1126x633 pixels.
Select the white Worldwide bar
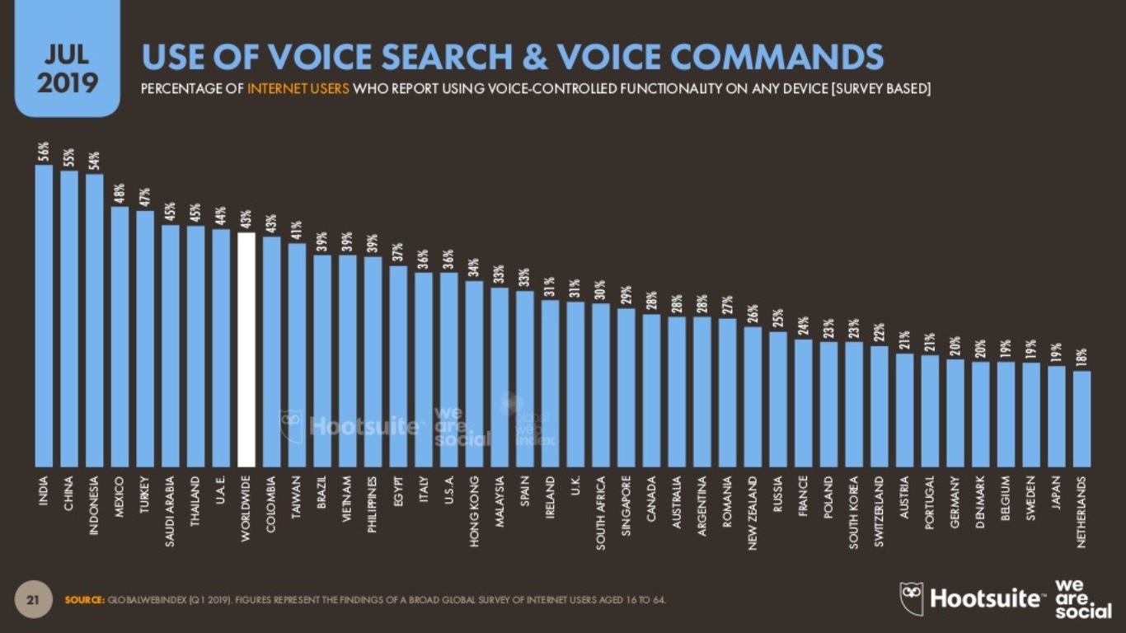pos(246,349)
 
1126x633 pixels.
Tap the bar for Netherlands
pos(1082,419)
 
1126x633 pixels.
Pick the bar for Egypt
pos(397,366)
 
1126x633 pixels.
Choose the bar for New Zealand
pos(753,396)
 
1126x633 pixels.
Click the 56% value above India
pos(44,152)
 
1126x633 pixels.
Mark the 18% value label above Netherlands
pos(1082,358)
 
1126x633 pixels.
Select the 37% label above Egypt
pos(397,252)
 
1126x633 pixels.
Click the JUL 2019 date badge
pos(68,70)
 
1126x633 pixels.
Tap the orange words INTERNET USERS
pos(298,89)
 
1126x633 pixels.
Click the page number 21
pos(34,599)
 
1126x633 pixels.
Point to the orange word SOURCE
pos(84,599)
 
